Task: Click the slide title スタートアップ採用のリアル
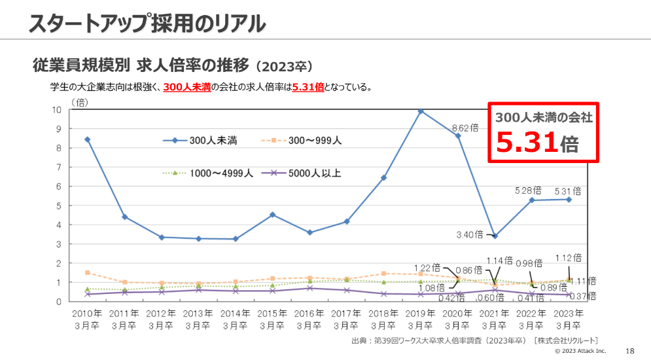(x=147, y=23)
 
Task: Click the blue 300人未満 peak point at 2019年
(x=421, y=111)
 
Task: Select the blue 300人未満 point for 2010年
(x=87, y=139)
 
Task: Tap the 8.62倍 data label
(x=465, y=129)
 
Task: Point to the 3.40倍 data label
(x=469, y=234)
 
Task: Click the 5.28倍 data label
(x=528, y=190)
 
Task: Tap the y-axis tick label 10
(x=57, y=109)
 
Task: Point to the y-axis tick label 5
(x=59, y=206)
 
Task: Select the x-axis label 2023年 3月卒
(x=568, y=319)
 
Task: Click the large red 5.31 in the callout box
(x=527, y=143)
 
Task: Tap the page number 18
(x=630, y=351)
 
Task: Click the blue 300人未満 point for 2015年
(x=272, y=215)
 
